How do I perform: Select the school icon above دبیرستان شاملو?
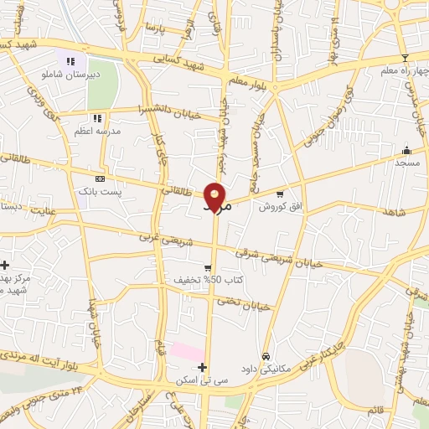(71, 60)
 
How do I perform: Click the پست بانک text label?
(96, 192)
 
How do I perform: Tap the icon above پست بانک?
(100, 178)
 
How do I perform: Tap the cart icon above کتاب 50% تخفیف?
(208, 267)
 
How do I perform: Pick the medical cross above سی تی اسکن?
(202, 367)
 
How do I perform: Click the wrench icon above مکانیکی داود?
(266, 355)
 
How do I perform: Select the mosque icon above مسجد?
(407, 151)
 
